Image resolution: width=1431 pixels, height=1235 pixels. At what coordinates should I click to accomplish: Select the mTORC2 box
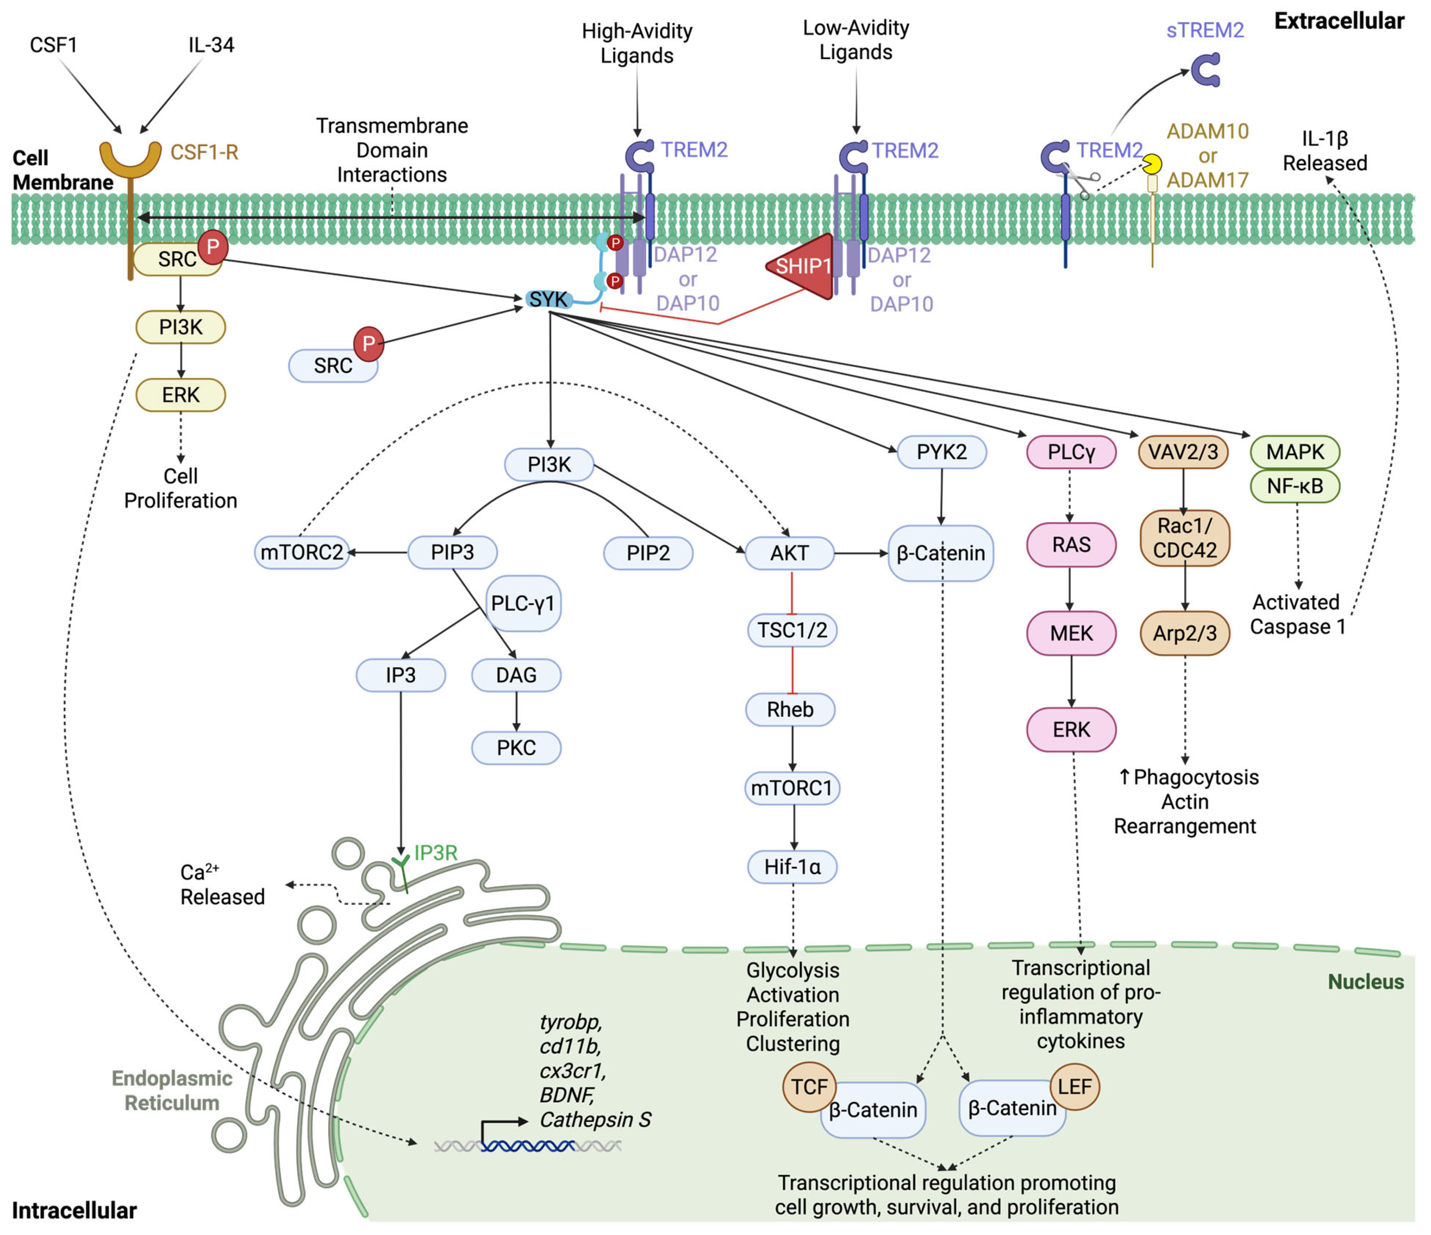pyautogui.click(x=302, y=553)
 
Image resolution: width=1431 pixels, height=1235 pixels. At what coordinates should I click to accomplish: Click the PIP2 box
pyautogui.click(x=648, y=553)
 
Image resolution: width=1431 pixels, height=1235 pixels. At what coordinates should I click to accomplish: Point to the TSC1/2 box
pyautogui.click(x=792, y=630)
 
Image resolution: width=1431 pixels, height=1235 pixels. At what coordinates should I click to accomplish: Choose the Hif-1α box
pyautogui.click(x=792, y=867)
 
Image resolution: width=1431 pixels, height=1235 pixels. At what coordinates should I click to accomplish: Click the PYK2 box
pyautogui.click(x=941, y=453)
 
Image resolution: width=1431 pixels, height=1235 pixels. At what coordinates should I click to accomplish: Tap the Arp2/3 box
pyautogui.click(x=1185, y=633)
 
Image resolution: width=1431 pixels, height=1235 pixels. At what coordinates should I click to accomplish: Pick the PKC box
pyautogui.click(x=516, y=748)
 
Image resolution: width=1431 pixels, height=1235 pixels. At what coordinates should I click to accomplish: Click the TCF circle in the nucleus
pyautogui.click(x=809, y=1087)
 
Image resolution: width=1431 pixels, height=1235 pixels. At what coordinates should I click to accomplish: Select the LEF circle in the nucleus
pyautogui.click(x=1075, y=1087)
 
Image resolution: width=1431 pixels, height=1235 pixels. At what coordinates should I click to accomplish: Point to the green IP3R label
pyautogui.click(x=436, y=853)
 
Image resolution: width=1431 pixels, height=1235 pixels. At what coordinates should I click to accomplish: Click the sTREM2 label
pyautogui.click(x=1205, y=31)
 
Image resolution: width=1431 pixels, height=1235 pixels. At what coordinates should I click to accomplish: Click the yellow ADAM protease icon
pyautogui.click(x=1152, y=164)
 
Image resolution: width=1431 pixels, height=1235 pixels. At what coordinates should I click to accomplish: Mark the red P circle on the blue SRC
pyautogui.click(x=369, y=344)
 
